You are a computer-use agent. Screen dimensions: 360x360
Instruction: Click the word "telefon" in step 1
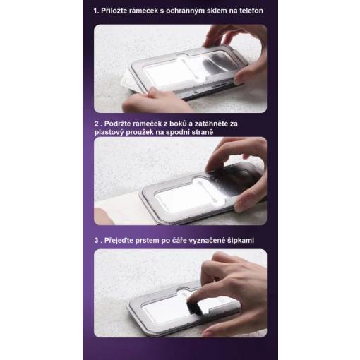[251, 11]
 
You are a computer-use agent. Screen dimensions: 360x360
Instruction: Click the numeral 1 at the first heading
[95, 11]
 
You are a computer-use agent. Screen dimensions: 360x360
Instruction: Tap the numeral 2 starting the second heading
[97, 124]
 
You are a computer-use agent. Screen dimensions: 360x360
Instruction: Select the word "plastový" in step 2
[109, 133]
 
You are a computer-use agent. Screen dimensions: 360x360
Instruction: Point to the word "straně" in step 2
[203, 132]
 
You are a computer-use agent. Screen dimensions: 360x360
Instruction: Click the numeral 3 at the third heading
[97, 240]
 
